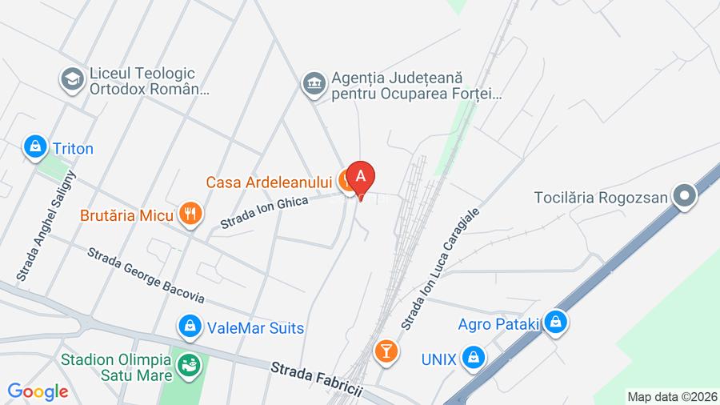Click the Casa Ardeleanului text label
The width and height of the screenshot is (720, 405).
(x=268, y=182)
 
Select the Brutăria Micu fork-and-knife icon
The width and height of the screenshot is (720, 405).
(x=190, y=214)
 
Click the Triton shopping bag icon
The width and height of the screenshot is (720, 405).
(x=35, y=148)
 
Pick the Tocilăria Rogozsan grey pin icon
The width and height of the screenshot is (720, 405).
(x=684, y=196)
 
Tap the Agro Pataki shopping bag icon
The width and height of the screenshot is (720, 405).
(x=556, y=323)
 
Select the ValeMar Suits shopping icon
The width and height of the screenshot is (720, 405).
(x=190, y=327)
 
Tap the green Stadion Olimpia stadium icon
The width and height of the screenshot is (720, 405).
(x=189, y=365)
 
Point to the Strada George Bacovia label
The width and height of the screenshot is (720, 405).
(x=146, y=276)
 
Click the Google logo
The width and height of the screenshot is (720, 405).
(x=38, y=391)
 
